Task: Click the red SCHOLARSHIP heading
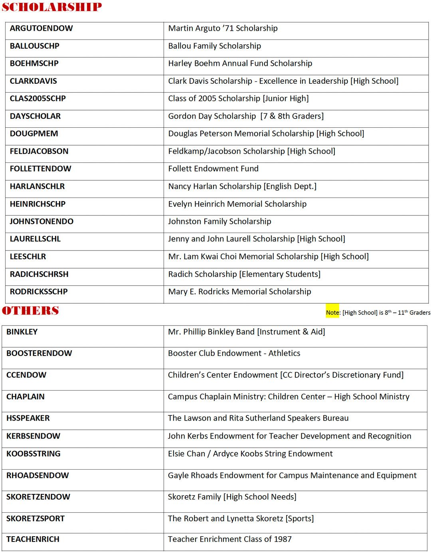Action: click(52, 7)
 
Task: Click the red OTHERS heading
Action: click(30, 311)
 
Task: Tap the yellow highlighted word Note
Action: click(332, 312)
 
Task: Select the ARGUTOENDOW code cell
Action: click(41, 28)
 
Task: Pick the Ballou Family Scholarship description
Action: click(214, 46)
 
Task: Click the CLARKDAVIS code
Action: click(33, 81)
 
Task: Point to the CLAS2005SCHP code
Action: click(38, 99)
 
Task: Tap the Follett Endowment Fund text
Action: click(213, 169)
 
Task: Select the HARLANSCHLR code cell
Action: click(37, 186)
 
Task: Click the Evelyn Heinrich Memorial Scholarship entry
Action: click(237, 204)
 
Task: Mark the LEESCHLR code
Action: click(28, 257)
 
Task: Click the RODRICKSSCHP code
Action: click(39, 292)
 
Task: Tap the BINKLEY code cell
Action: click(22, 332)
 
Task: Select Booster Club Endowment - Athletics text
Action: click(234, 353)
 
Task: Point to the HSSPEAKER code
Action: click(28, 418)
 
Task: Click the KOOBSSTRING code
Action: click(33, 454)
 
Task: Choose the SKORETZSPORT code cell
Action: click(35, 518)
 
